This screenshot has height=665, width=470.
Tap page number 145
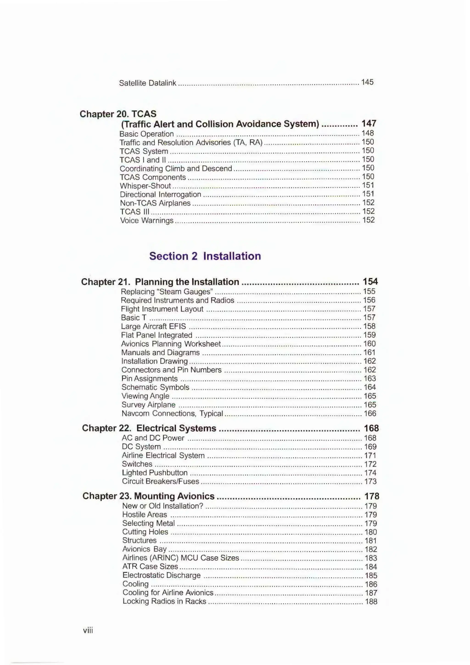click(x=367, y=82)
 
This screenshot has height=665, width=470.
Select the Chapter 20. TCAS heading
click(x=118, y=114)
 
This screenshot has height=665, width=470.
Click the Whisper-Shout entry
click(x=145, y=186)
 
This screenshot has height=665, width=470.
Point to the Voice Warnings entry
click(x=147, y=221)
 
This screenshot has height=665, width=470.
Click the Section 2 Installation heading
click(x=205, y=256)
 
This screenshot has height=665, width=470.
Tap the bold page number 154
click(x=370, y=281)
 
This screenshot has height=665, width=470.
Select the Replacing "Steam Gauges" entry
click(x=167, y=292)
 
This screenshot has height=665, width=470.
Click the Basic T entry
click(x=134, y=318)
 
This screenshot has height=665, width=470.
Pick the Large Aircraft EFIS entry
click(x=154, y=326)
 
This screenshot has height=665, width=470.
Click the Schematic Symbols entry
click(x=155, y=387)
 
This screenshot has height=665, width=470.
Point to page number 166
click(x=370, y=413)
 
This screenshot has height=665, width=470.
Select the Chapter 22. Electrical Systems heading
click(x=149, y=428)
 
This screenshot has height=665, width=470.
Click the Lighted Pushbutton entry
click(x=155, y=473)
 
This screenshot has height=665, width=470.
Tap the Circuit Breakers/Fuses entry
click(x=160, y=481)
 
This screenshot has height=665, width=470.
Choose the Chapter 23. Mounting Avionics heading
click(x=148, y=496)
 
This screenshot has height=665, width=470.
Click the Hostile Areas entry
click(x=145, y=515)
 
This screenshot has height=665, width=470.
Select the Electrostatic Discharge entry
click(x=161, y=575)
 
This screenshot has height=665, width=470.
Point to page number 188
click(x=371, y=602)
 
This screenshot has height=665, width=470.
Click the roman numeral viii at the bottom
click(x=88, y=631)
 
